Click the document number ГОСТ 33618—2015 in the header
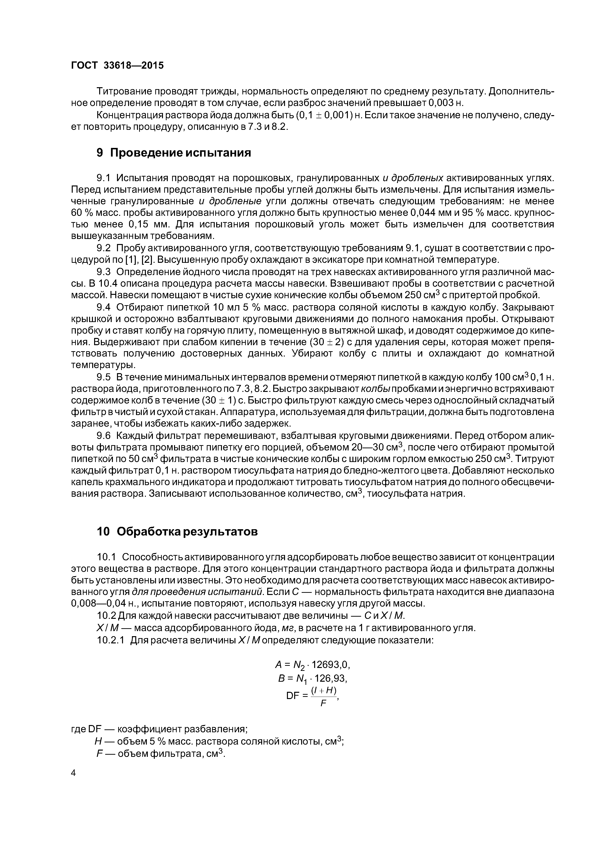pyautogui.click(x=117, y=66)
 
